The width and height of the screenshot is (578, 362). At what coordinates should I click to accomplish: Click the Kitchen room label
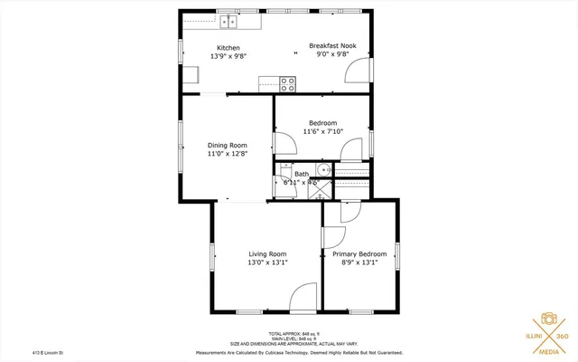pyautogui.click(x=228, y=48)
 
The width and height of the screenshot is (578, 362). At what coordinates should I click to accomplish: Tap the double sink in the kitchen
pyautogui.click(x=227, y=19)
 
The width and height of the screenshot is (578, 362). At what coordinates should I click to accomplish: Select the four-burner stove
pyautogui.click(x=289, y=84)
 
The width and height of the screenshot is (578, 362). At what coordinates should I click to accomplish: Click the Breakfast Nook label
pyautogui.click(x=332, y=45)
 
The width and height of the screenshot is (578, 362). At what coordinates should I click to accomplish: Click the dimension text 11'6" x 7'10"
pyautogui.click(x=322, y=132)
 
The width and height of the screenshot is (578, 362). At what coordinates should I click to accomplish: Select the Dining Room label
pyautogui.click(x=227, y=145)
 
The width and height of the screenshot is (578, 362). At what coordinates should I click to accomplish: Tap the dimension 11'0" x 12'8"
pyautogui.click(x=227, y=154)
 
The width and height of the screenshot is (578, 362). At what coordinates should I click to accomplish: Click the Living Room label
pyautogui.click(x=267, y=253)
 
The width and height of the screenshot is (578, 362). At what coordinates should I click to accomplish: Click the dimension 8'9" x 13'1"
pyautogui.click(x=359, y=263)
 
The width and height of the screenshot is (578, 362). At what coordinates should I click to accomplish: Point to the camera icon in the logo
pyautogui.click(x=548, y=319)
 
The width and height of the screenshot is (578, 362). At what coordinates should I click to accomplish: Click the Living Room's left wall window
pyautogui.click(x=212, y=255)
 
